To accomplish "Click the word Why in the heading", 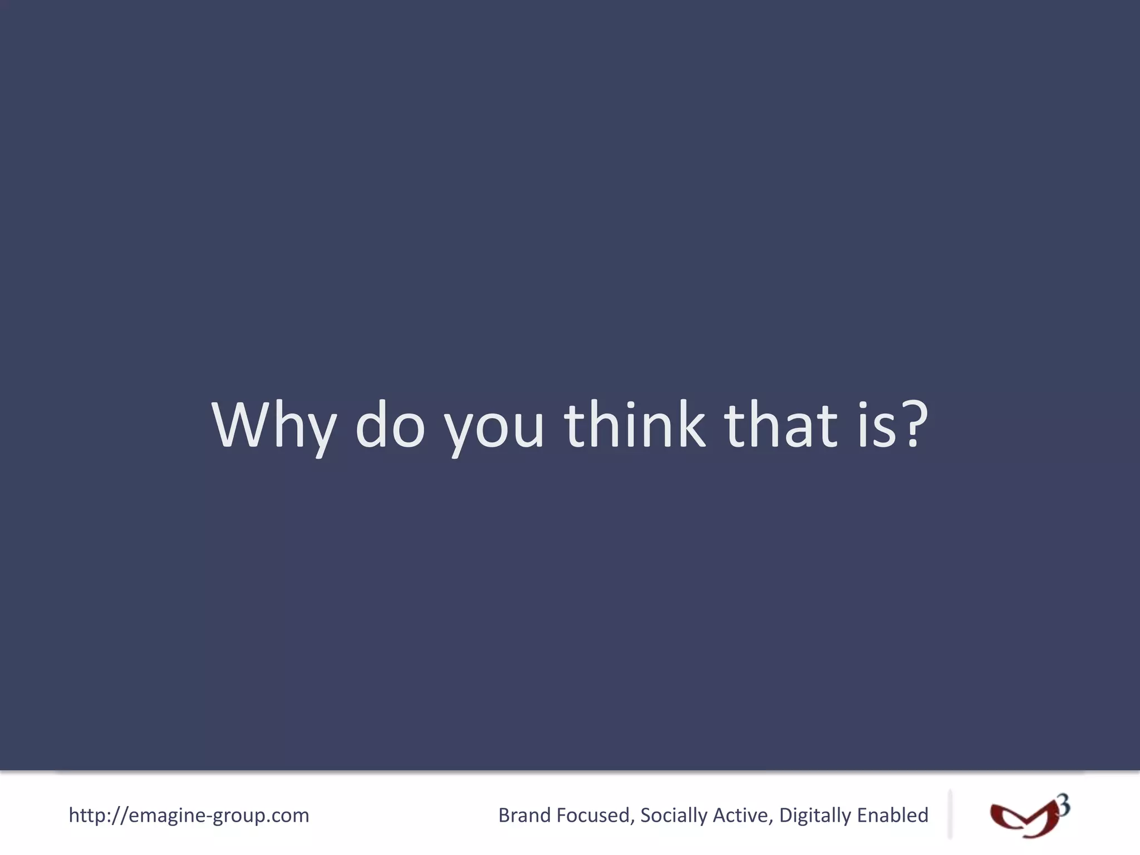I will point(273,426).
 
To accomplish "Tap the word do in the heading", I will point(390,426).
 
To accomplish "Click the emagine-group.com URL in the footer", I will point(189,815).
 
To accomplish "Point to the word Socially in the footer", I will point(674,816).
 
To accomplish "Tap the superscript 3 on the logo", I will point(1063,805).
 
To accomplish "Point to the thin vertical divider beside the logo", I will point(950,814).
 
